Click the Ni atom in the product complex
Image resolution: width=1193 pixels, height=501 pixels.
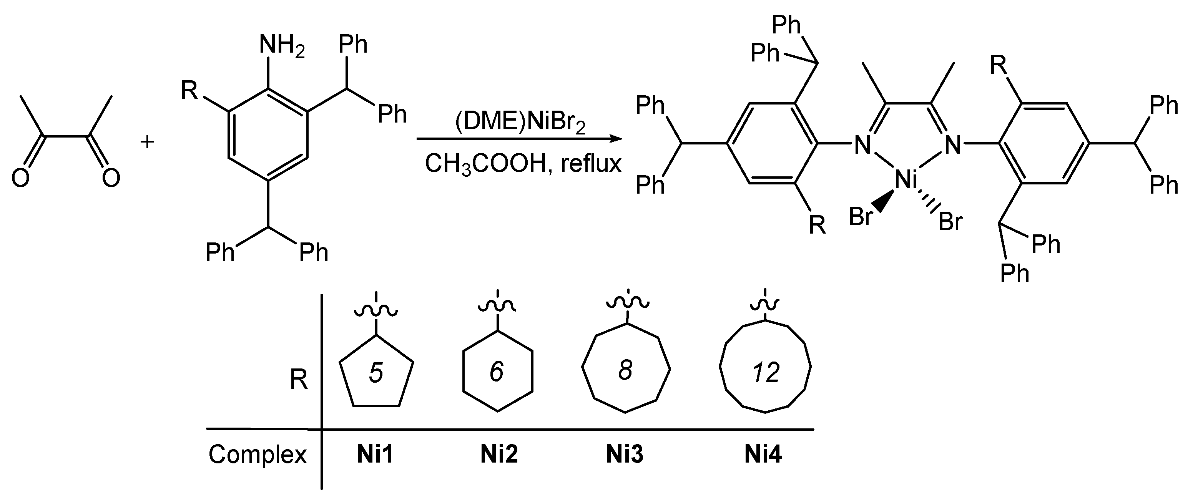(906, 180)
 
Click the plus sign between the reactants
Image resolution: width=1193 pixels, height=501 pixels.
(147, 142)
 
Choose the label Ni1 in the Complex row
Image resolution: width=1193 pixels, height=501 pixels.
(375, 454)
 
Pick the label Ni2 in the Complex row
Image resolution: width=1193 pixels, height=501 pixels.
(499, 454)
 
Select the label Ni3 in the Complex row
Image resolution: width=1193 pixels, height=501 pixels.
(625, 454)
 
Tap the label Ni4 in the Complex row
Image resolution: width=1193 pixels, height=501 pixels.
(763, 454)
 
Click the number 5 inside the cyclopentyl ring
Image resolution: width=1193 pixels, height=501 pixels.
(376, 373)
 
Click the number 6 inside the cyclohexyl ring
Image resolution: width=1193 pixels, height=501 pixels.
(497, 372)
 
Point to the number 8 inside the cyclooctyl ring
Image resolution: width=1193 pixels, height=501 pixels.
(625, 370)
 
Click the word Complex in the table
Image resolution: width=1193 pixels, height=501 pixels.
(258, 455)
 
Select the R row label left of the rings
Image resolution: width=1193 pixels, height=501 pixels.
(299, 381)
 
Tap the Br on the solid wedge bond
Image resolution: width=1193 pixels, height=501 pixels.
(861, 216)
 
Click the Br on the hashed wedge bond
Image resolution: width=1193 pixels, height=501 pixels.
(950, 222)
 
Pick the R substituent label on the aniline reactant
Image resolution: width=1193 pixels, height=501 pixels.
(189, 90)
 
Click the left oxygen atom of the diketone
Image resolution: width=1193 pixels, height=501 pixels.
(20, 178)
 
